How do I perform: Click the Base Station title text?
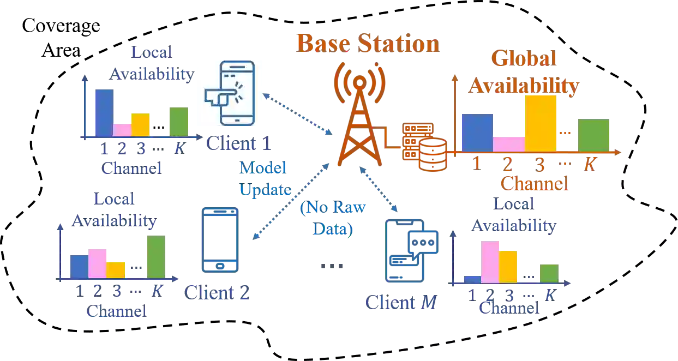(367, 43)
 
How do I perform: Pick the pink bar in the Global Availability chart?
(508, 143)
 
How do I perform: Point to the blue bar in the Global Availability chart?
(477, 132)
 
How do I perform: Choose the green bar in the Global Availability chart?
(593, 135)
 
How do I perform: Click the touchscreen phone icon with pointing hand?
(231, 92)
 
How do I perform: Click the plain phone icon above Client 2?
(220, 239)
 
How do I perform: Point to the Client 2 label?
(217, 293)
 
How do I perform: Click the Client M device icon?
(411, 250)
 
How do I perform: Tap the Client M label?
(403, 302)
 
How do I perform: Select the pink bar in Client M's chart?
(490, 262)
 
